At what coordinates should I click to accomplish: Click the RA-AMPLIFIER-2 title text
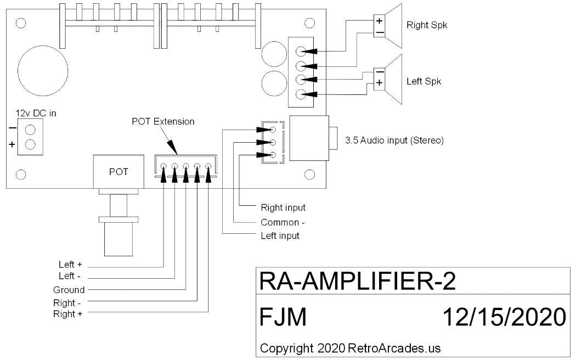coord(357,282)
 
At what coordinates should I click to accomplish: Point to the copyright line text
coord(350,348)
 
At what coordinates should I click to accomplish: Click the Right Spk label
coord(427,25)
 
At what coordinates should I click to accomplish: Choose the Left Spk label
coord(424,82)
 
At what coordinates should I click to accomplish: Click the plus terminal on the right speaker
coord(379,21)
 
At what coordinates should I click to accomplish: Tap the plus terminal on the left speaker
coord(379,83)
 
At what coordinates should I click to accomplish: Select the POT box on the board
coord(118,172)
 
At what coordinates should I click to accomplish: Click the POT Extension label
coord(163,121)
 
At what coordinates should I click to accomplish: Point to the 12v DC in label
coord(36,113)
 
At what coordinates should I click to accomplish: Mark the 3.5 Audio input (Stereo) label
coord(394,140)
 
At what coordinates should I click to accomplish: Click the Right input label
coord(283,208)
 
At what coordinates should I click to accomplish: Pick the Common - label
coord(283,222)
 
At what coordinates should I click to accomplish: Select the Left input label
coord(280,236)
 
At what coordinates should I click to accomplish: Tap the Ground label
coord(69,290)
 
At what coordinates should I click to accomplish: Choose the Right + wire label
coord(67,314)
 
